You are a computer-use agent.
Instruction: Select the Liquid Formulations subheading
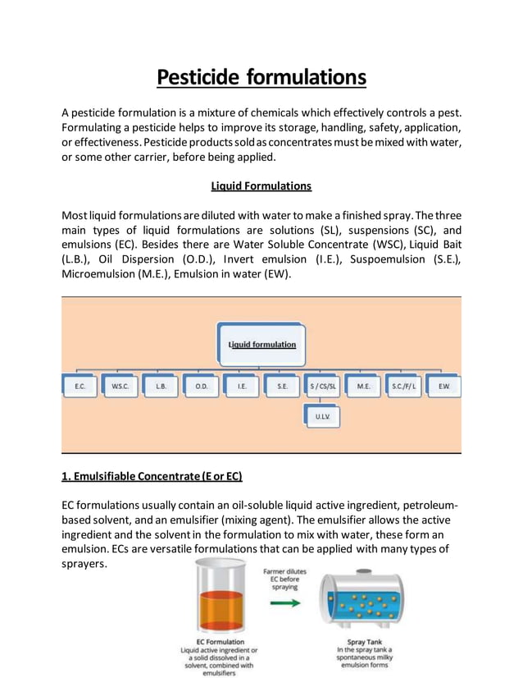261,186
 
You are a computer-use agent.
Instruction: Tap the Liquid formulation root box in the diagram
261,344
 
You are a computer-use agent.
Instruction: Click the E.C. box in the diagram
80,385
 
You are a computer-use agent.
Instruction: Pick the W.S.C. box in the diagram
121,385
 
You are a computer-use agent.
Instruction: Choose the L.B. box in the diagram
161,385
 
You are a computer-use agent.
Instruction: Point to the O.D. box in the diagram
201,385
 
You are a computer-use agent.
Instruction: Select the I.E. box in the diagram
242,385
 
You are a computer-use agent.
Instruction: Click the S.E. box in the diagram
282,385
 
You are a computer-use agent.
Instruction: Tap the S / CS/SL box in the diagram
323,385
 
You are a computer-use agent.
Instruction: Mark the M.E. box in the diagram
363,385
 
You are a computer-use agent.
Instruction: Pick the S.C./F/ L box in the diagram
403,385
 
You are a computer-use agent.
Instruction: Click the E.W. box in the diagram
443,385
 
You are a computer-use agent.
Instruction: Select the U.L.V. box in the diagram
323,417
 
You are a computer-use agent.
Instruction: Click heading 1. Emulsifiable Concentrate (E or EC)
152,476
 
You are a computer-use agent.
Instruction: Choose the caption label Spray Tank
364,641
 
